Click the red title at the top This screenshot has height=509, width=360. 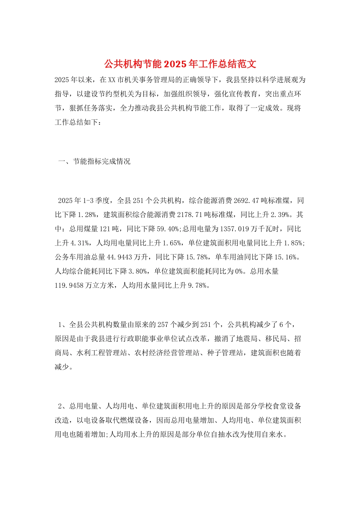[180, 64]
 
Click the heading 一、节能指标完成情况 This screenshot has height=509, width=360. [94, 161]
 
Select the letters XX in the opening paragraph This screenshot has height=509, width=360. [112, 80]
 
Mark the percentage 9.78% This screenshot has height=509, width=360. [198, 286]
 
